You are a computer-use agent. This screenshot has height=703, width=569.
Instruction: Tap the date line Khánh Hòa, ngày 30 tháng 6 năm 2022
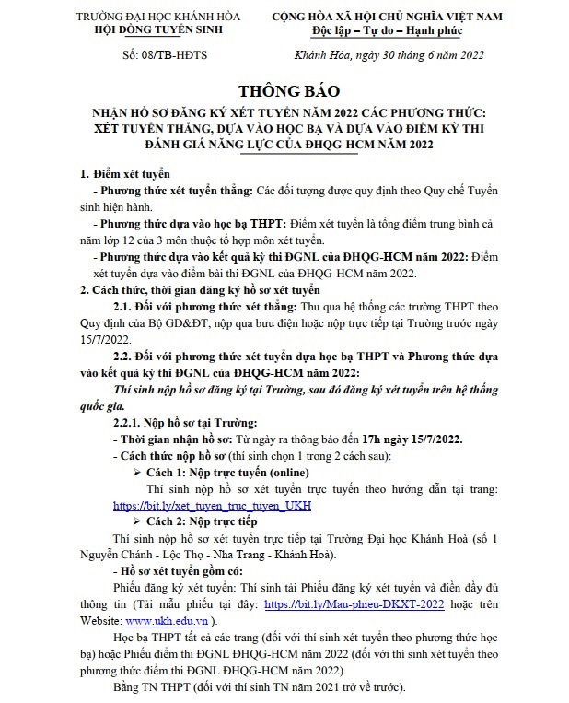384,54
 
